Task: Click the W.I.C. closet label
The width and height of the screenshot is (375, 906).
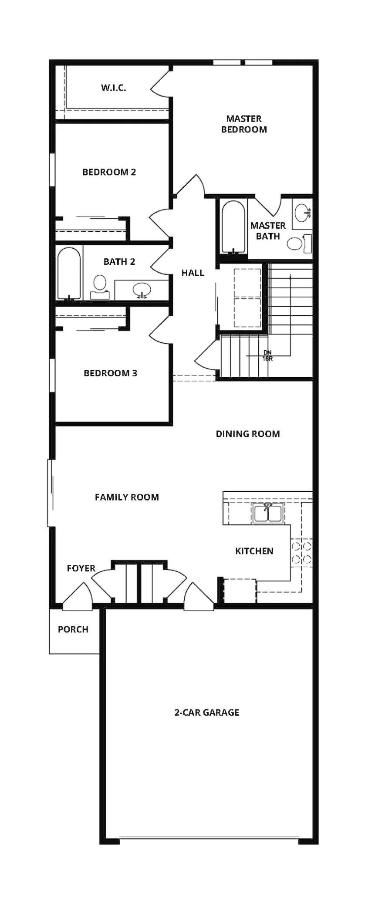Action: coord(114,88)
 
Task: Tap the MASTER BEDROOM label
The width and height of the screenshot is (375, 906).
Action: coord(244,124)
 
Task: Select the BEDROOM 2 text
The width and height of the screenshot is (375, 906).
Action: coord(109,172)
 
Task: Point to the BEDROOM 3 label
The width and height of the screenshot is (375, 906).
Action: coord(111,373)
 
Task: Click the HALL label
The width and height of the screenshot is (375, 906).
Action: coord(193,273)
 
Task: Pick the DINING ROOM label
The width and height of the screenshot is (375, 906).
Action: coord(248,434)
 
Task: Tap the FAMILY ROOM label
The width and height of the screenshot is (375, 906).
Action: coord(127,497)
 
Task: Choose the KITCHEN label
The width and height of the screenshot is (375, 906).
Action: coord(254,551)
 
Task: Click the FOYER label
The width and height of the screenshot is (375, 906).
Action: coord(81,568)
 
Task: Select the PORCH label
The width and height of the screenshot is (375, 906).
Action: coord(73,629)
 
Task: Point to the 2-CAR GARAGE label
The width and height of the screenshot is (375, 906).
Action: coord(207,713)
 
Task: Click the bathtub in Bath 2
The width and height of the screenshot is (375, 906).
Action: coord(69,274)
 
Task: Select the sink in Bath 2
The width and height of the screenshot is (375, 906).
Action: coord(142,290)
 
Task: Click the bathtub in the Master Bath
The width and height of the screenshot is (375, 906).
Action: coord(233,227)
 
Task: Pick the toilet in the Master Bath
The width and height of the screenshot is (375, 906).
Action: coord(300,243)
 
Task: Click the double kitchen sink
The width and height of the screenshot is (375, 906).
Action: coord(268,513)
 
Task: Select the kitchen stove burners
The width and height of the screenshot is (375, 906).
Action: coord(301,553)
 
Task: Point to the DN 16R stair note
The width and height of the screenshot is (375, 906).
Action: coord(267,356)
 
